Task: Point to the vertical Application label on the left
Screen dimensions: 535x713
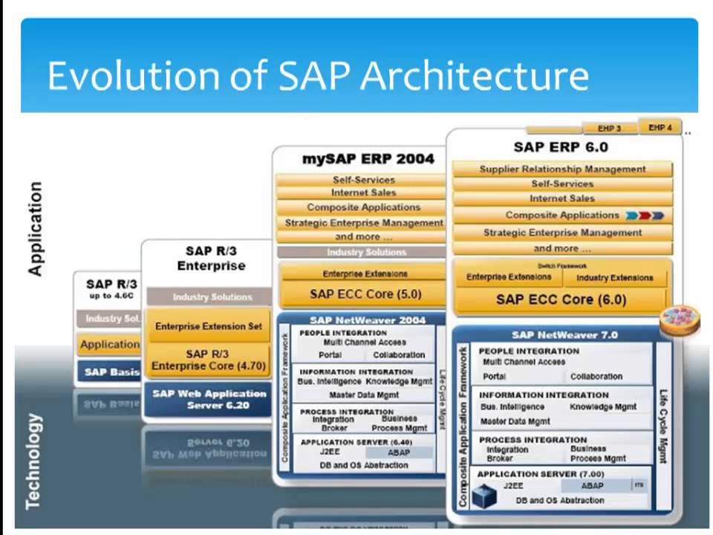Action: coord(35,229)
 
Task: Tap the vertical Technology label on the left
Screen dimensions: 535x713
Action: coord(33,461)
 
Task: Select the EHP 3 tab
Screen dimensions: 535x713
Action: coord(609,129)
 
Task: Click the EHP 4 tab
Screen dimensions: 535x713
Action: coord(660,128)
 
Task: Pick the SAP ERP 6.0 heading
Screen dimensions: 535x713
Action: coord(561,147)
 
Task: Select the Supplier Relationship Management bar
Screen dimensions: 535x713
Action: coord(562,169)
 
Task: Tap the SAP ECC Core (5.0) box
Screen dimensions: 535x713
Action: coord(365,294)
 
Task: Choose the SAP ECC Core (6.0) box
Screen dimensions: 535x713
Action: coord(561,300)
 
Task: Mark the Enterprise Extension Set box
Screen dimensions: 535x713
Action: coord(208,326)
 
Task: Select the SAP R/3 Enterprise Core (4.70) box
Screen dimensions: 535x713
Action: coord(208,360)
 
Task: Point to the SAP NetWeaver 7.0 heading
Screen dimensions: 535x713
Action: coord(564,335)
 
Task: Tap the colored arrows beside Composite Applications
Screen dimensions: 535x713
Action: coord(644,215)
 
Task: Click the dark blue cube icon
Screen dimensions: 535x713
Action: coord(486,493)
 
